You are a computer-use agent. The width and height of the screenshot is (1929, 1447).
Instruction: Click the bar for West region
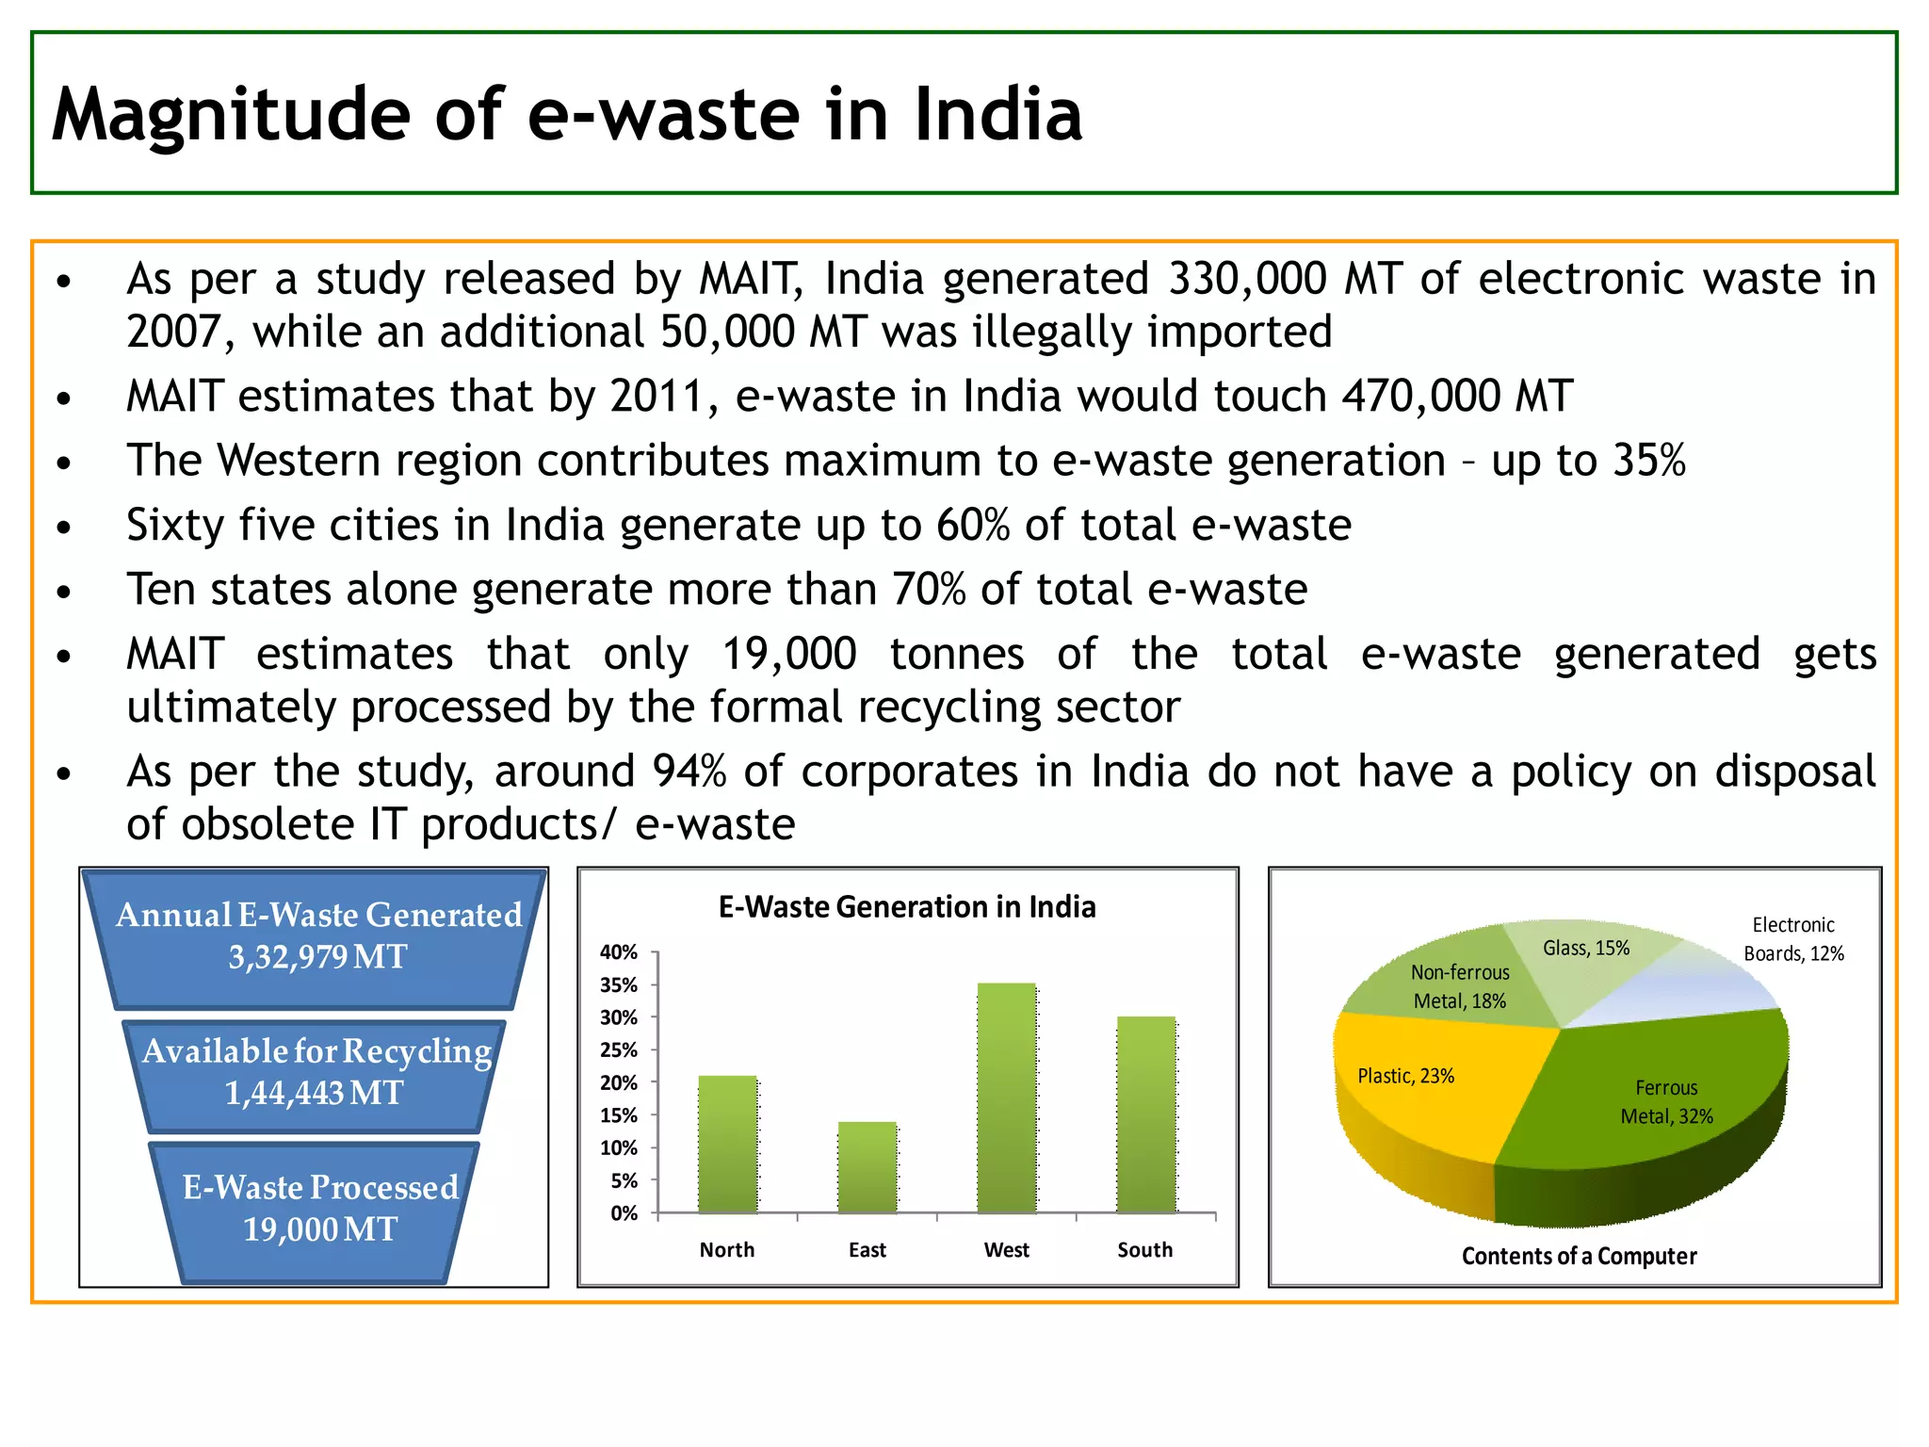[x=1007, y=1098]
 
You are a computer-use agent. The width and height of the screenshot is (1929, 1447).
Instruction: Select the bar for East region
[x=867, y=1168]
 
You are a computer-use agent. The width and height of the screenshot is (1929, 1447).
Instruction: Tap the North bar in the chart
[x=727, y=1145]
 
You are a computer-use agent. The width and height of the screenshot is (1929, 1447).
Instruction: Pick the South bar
[x=1146, y=1115]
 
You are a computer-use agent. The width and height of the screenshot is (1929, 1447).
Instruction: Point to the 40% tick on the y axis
[x=619, y=952]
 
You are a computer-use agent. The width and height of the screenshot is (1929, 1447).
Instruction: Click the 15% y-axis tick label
[x=619, y=1115]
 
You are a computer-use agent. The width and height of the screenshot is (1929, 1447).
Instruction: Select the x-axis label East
[x=867, y=1250]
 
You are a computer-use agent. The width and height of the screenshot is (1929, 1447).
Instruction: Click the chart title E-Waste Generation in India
[x=907, y=907]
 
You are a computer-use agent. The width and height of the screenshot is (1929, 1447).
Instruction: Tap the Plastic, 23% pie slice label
[x=1405, y=1076]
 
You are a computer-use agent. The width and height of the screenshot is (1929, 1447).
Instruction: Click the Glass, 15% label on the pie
[x=1586, y=948]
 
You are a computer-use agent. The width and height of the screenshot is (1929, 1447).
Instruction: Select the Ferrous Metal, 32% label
[x=1666, y=1102]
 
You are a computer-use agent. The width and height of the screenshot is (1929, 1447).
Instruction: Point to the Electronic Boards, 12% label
[x=1793, y=939]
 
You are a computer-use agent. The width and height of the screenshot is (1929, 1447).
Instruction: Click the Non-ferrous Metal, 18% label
[x=1460, y=986]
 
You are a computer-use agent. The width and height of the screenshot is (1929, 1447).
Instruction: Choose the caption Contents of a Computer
[x=1579, y=1256]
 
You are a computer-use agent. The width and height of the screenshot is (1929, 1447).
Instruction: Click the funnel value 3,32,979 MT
[x=317, y=957]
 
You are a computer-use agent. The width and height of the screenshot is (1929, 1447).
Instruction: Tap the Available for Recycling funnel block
[x=316, y=1073]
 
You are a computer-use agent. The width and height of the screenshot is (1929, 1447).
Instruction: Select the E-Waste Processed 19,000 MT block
[x=319, y=1209]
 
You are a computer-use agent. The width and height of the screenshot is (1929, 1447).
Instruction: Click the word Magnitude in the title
[x=230, y=114]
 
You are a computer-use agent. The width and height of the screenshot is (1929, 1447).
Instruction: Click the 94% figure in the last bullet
[x=689, y=772]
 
